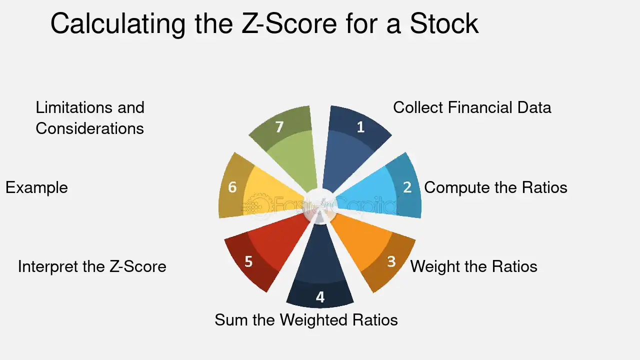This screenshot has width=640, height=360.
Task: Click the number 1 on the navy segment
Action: click(x=360, y=127)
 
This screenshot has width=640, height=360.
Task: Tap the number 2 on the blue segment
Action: click(x=407, y=187)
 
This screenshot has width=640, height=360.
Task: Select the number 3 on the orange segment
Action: click(x=391, y=261)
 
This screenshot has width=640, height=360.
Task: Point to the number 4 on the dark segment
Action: click(x=320, y=297)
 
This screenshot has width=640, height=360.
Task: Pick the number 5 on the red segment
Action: click(x=248, y=261)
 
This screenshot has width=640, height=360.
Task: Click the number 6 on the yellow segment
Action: click(x=232, y=187)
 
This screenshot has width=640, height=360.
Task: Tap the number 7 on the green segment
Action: click(x=279, y=127)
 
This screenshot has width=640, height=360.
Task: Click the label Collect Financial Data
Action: click(x=472, y=107)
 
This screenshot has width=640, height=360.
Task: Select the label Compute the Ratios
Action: click(x=495, y=187)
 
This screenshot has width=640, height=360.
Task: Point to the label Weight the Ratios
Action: click(x=473, y=266)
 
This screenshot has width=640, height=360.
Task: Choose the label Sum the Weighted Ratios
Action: click(x=306, y=319)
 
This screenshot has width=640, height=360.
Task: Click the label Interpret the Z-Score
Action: click(x=92, y=266)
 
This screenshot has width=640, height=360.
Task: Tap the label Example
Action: click(x=36, y=187)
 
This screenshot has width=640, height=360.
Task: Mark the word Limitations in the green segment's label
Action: click(x=73, y=107)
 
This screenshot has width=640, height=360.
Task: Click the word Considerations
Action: click(x=89, y=128)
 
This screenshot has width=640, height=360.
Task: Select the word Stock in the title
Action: click(x=444, y=23)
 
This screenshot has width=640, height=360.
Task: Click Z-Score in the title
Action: click(x=289, y=23)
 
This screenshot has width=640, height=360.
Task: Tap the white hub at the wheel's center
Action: click(x=320, y=203)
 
